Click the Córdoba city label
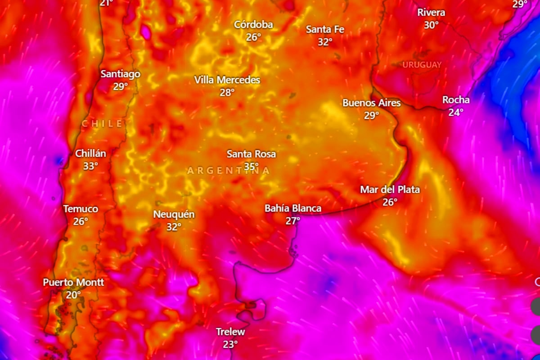[x=253, y=24]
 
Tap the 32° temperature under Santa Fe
[x=325, y=42]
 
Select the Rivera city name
[x=431, y=13]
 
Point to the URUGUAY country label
[x=422, y=65]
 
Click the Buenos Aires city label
[x=371, y=103]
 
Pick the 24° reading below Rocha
[x=455, y=112]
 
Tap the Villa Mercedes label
[x=227, y=80]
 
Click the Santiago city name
[x=120, y=74]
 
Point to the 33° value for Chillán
[x=90, y=166]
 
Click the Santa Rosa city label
[x=251, y=154]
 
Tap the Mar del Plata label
[x=390, y=190]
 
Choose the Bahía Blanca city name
[x=293, y=208]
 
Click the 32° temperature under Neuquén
[x=174, y=227]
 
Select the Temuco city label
[x=81, y=209]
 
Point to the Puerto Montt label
[x=73, y=283]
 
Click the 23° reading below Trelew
[x=230, y=345]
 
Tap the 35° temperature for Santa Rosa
[x=252, y=166]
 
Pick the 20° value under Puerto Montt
[x=73, y=295]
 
